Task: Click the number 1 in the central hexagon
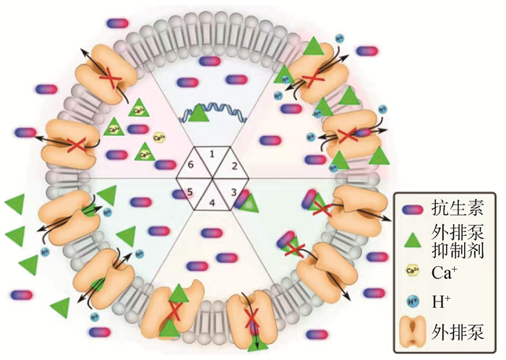(x=212, y=154)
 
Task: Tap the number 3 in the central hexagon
(x=232, y=191)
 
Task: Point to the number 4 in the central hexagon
(x=212, y=203)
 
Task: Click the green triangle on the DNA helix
(x=200, y=112)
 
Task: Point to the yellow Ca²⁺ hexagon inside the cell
(x=160, y=135)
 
